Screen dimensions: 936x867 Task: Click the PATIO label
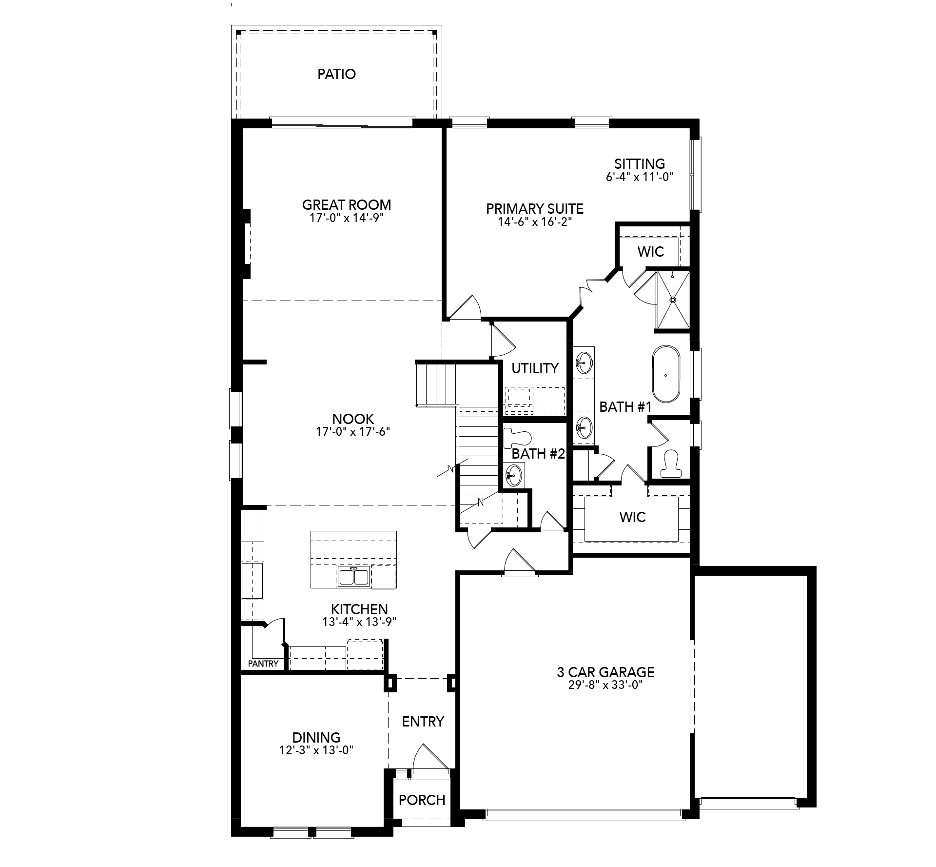pyautogui.click(x=336, y=74)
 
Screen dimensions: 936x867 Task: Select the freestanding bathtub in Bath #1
pyautogui.click(x=666, y=375)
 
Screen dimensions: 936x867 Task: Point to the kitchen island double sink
pyautogui.click(x=353, y=577)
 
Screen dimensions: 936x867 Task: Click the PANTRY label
pyautogui.click(x=263, y=664)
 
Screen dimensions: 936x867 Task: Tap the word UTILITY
pyautogui.click(x=535, y=368)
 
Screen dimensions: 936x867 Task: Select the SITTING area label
pyautogui.click(x=640, y=163)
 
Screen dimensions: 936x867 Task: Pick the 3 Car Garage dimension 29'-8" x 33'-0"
pyautogui.click(x=605, y=685)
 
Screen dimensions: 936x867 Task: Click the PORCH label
pyautogui.click(x=422, y=800)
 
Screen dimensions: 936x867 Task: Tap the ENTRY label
pyautogui.click(x=423, y=721)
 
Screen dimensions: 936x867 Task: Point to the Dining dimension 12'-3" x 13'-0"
pyautogui.click(x=316, y=750)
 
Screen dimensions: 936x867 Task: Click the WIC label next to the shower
pyautogui.click(x=651, y=251)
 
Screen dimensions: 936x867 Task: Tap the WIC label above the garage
pyautogui.click(x=633, y=517)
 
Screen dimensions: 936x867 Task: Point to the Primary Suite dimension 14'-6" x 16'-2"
pyautogui.click(x=535, y=222)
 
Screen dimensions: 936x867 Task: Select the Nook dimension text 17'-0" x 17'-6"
pyautogui.click(x=353, y=432)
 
